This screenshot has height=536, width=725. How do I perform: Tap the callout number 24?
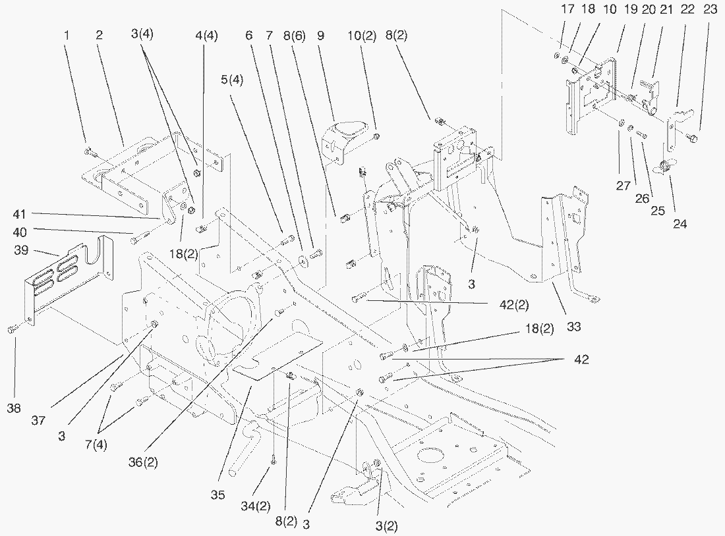tap(680, 224)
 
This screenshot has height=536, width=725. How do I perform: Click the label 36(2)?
tap(143, 462)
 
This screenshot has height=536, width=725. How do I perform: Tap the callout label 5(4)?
tap(231, 81)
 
